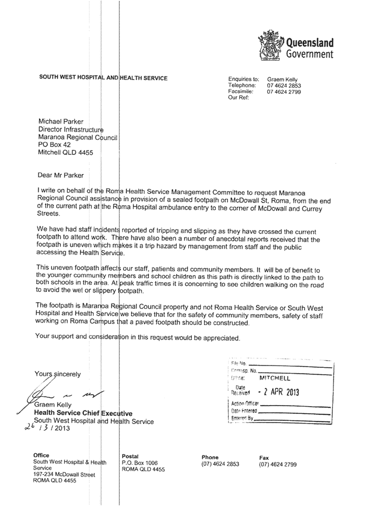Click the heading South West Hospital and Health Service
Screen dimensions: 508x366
[103, 79]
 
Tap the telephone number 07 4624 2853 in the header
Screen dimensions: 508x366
[284, 86]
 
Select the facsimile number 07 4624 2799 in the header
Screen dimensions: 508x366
[284, 92]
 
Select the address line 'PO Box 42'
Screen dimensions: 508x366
[54, 145]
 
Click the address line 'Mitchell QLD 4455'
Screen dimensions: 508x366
[66, 153]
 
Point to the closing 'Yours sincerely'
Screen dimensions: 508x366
[57, 374]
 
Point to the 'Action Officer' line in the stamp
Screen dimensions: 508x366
[245, 403]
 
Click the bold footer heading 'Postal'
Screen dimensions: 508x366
[131, 456]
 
